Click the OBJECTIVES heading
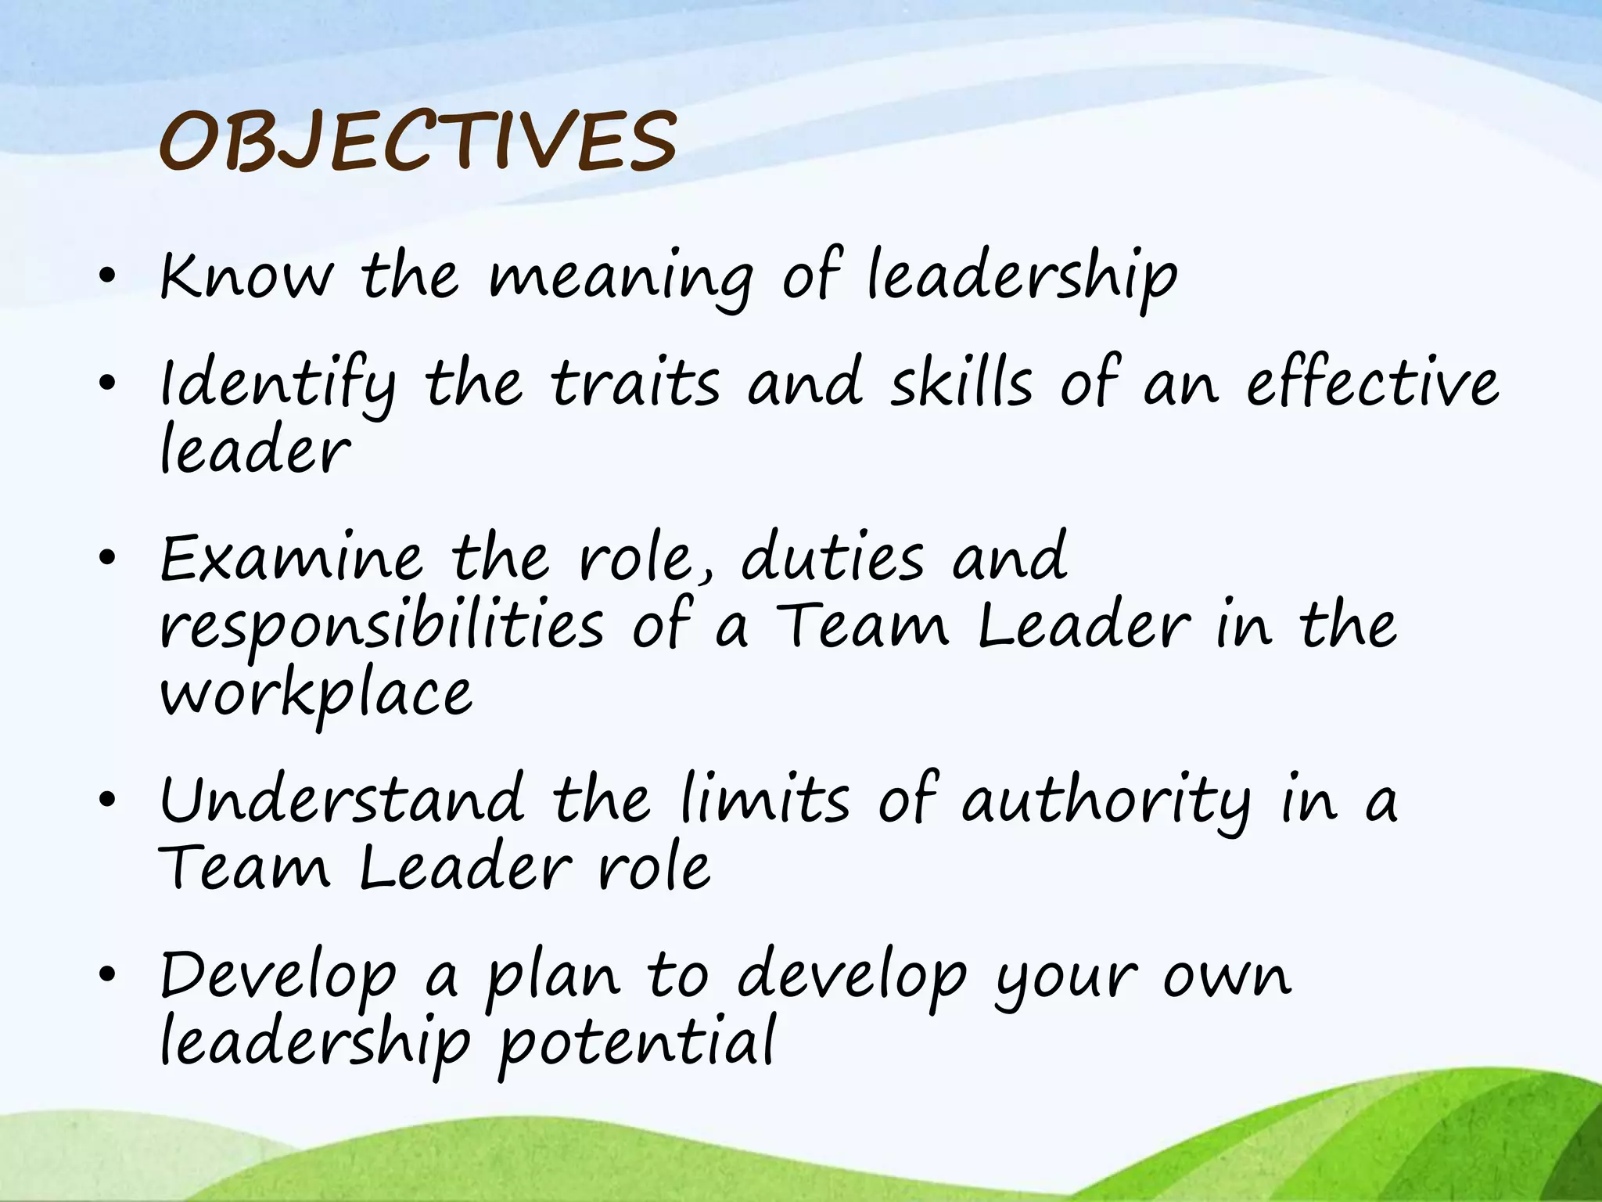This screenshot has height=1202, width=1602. click(x=418, y=142)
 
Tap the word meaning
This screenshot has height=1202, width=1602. click(x=621, y=279)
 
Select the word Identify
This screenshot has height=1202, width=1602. click(x=278, y=385)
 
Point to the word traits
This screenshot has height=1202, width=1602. click(x=635, y=383)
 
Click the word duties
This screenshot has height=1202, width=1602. click(x=832, y=556)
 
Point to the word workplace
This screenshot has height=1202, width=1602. click(x=316, y=695)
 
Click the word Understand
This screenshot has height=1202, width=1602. click(x=342, y=799)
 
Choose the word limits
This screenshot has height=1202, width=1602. click(x=764, y=799)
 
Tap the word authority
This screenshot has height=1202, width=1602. click(x=1106, y=802)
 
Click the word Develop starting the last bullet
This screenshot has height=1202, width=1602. click(x=278, y=977)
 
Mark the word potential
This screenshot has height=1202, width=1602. click(x=637, y=1045)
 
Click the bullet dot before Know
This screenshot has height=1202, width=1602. click(x=108, y=275)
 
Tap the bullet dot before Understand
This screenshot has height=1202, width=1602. click(x=108, y=799)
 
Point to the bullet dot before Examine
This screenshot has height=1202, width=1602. click(x=108, y=558)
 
